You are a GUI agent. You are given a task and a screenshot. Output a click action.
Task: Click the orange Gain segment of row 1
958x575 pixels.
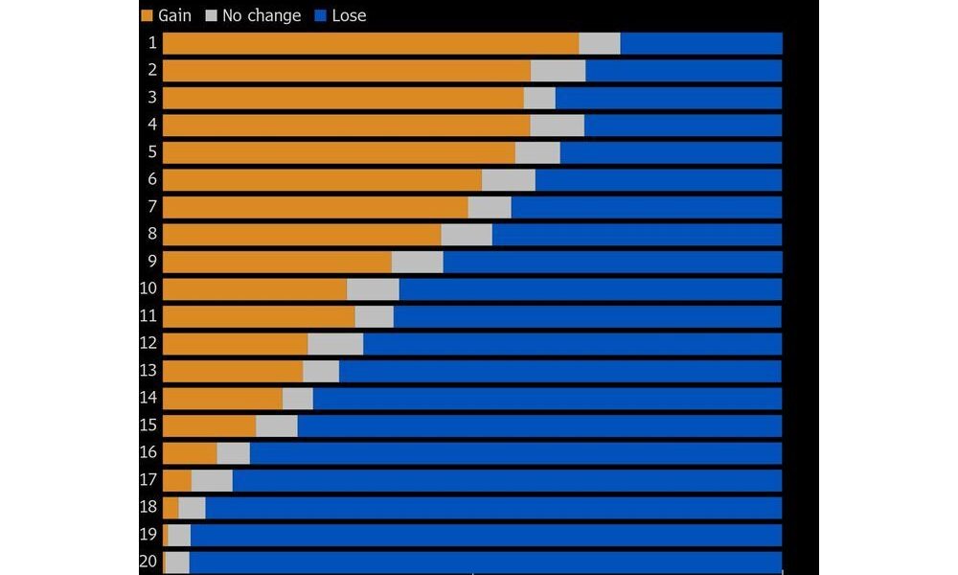[x=370, y=43]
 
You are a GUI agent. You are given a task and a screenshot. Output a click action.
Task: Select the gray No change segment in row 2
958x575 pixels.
[x=558, y=71]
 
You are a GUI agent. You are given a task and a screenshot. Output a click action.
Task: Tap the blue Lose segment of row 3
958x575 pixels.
[x=669, y=98]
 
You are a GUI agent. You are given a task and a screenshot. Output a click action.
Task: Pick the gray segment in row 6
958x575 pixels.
[x=508, y=180]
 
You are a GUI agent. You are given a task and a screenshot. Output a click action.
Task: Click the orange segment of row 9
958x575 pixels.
[x=277, y=262]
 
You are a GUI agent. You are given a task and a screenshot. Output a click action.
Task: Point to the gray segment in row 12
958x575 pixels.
[x=335, y=344]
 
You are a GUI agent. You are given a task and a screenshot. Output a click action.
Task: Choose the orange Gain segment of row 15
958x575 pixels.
[x=209, y=425]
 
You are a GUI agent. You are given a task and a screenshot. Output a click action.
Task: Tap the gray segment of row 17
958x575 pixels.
[x=212, y=480]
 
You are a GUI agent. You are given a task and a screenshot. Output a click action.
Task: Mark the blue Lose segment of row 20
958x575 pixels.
[x=486, y=562]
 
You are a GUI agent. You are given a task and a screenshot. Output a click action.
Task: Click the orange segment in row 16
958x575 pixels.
[x=190, y=453]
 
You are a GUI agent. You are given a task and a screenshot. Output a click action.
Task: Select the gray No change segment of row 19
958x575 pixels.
[x=179, y=535]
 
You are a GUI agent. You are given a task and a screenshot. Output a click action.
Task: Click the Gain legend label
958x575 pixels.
[x=174, y=15]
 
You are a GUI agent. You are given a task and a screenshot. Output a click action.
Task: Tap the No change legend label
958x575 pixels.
[x=262, y=15]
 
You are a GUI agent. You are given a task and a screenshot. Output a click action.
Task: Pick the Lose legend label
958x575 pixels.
[x=349, y=15]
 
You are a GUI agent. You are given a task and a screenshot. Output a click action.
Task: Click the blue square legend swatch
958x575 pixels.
[x=321, y=15]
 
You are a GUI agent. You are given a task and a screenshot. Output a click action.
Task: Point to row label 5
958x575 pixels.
[x=152, y=152]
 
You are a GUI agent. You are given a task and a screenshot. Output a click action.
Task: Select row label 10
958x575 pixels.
[x=148, y=288]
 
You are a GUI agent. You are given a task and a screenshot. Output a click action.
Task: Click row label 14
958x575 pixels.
[x=148, y=398]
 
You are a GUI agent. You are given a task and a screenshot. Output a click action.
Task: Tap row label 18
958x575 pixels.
[x=148, y=507]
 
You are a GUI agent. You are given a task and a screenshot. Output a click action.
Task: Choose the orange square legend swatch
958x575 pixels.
[x=147, y=15]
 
